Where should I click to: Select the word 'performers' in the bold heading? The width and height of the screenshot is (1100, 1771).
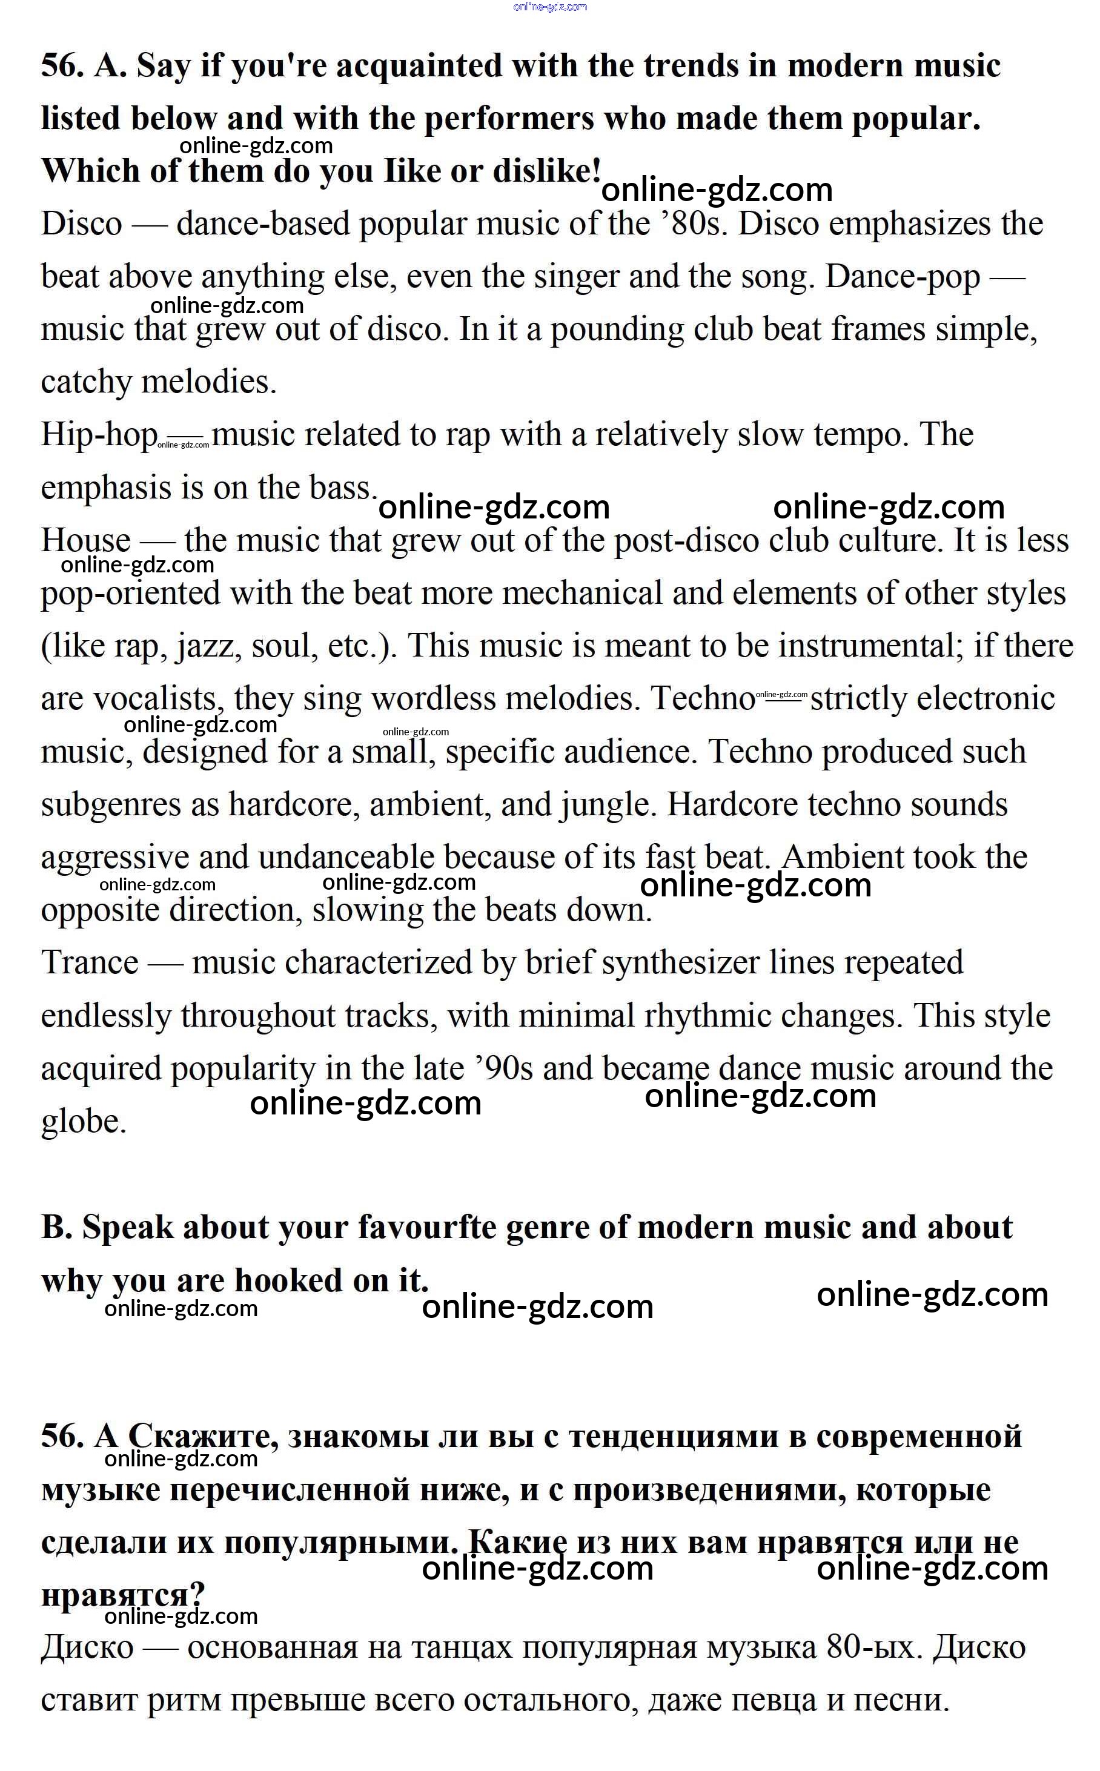(x=509, y=119)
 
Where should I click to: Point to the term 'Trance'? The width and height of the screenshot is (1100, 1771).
(x=90, y=963)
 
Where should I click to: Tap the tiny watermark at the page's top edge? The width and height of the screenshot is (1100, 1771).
(x=550, y=7)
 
